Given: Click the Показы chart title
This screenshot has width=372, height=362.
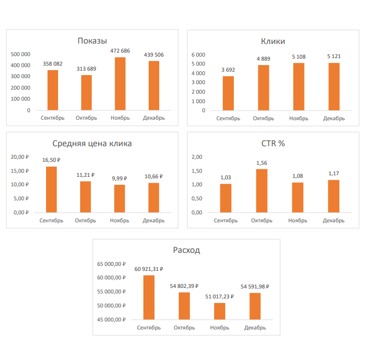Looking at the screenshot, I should coord(92,41).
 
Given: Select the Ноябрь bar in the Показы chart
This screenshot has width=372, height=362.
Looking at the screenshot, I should coord(120,84).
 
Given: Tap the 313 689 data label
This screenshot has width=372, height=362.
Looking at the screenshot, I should coord(86,69).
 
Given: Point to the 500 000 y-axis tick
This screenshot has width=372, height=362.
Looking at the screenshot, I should coord(21,54).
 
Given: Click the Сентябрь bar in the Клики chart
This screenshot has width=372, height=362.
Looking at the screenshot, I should coord(228,93).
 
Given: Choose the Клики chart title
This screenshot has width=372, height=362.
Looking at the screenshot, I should coord(273,41).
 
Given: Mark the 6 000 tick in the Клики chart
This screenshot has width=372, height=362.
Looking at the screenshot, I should coord(198,54).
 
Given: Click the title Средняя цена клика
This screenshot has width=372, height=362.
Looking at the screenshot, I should coord(92,144).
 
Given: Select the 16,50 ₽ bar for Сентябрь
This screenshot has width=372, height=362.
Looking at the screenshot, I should coord(51,189).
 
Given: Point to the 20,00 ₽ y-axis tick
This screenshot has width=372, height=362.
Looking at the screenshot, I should coord(21,157).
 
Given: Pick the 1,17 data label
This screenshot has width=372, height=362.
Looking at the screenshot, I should coord(333,173).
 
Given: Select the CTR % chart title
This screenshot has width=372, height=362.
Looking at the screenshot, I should coord(273,144).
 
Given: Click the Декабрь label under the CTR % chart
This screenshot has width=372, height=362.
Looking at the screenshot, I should coord(333,221).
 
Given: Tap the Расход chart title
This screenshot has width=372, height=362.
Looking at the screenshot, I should coord(186,250).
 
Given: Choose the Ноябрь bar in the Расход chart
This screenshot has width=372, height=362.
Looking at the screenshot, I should coord(219,311).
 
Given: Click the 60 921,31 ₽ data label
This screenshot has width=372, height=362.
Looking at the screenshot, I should coord(149,269).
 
